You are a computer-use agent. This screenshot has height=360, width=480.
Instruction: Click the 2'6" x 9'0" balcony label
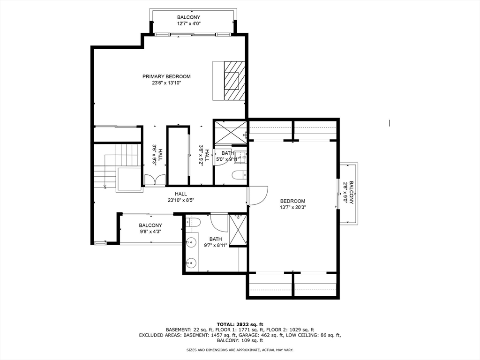click(x=348, y=192)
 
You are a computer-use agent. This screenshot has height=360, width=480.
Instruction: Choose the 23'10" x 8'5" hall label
click(x=181, y=197)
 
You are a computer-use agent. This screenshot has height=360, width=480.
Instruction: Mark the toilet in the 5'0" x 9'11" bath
click(x=239, y=176)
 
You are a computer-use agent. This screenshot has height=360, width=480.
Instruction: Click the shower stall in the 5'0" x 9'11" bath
click(x=230, y=131)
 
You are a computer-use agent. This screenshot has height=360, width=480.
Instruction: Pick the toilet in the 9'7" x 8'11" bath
click(x=193, y=222)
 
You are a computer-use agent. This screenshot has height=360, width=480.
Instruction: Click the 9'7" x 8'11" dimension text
click(x=215, y=245)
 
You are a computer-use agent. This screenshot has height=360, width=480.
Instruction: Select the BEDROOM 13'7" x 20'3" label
click(x=292, y=204)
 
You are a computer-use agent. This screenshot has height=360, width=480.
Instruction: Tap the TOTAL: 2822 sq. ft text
click(x=240, y=324)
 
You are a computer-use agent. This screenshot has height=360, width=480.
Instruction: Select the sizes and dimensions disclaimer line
click(x=240, y=350)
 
